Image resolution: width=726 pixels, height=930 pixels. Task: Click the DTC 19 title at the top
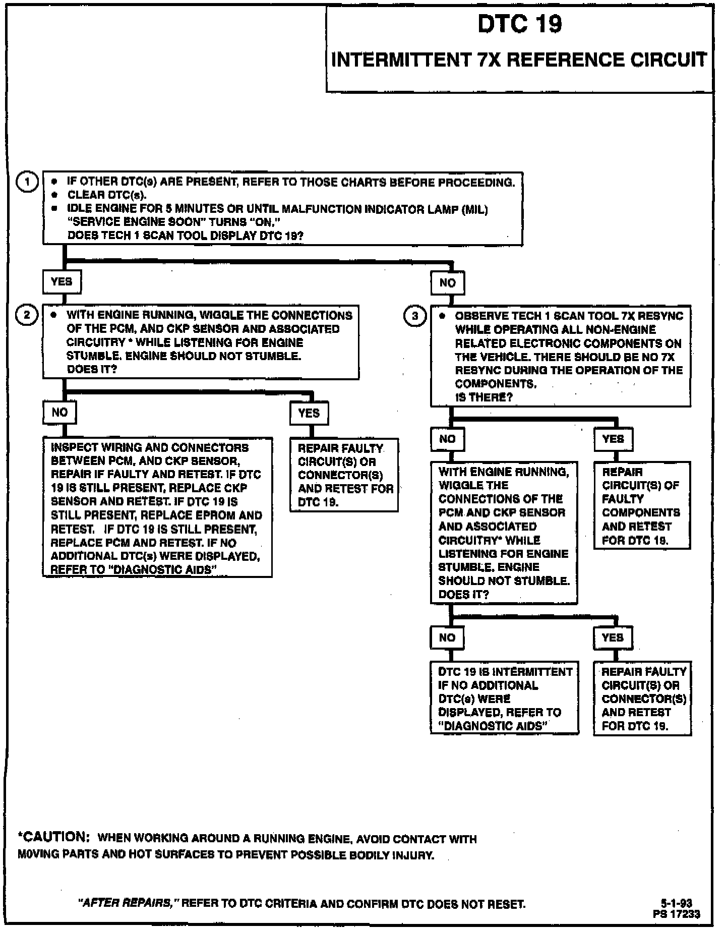520,24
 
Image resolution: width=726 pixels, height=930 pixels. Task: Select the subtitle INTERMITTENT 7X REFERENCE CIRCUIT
519,60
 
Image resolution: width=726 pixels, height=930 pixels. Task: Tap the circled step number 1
27,182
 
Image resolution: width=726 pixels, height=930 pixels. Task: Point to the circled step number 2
27,315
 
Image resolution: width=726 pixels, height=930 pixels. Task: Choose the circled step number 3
415,316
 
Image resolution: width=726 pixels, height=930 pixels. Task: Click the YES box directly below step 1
62,281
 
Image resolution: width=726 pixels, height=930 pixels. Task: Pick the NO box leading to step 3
447,283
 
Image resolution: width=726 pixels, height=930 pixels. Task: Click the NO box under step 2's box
59,413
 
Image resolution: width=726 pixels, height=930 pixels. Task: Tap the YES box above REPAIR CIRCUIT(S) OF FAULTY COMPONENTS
613,439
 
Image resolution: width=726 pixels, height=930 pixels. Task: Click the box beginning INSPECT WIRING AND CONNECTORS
157,507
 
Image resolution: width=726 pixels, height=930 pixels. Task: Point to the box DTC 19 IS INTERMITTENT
504,698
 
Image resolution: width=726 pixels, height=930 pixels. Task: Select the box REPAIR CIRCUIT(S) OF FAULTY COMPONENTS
641,505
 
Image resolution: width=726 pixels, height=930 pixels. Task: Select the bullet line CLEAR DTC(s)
107,195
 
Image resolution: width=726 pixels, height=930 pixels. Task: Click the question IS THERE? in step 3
483,397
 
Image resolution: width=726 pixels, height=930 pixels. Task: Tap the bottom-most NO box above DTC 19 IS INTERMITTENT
447,638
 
